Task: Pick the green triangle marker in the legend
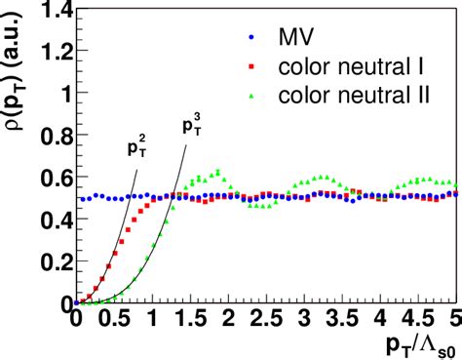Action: [251, 96]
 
